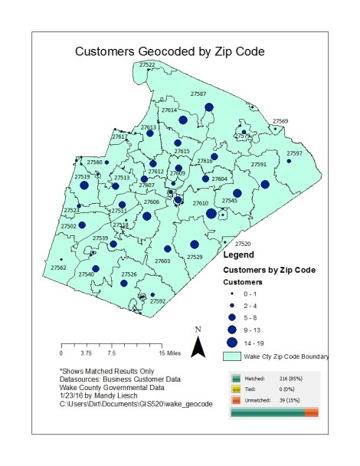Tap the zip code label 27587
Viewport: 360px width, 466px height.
click(198, 94)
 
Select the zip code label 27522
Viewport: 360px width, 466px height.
click(147, 64)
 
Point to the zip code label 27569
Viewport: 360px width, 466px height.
click(280, 121)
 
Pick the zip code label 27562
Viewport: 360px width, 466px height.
click(58, 267)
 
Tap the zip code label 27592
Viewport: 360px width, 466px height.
click(158, 301)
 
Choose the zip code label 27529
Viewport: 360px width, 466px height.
click(195, 257)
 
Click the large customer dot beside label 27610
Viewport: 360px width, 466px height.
click(211, 214)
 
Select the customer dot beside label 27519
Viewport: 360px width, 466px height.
click(85, 185)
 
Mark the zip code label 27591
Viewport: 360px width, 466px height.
click(260, 165)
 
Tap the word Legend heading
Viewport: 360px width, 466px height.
click(237, 254)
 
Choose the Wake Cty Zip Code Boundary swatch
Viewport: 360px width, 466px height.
click(237, 356)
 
